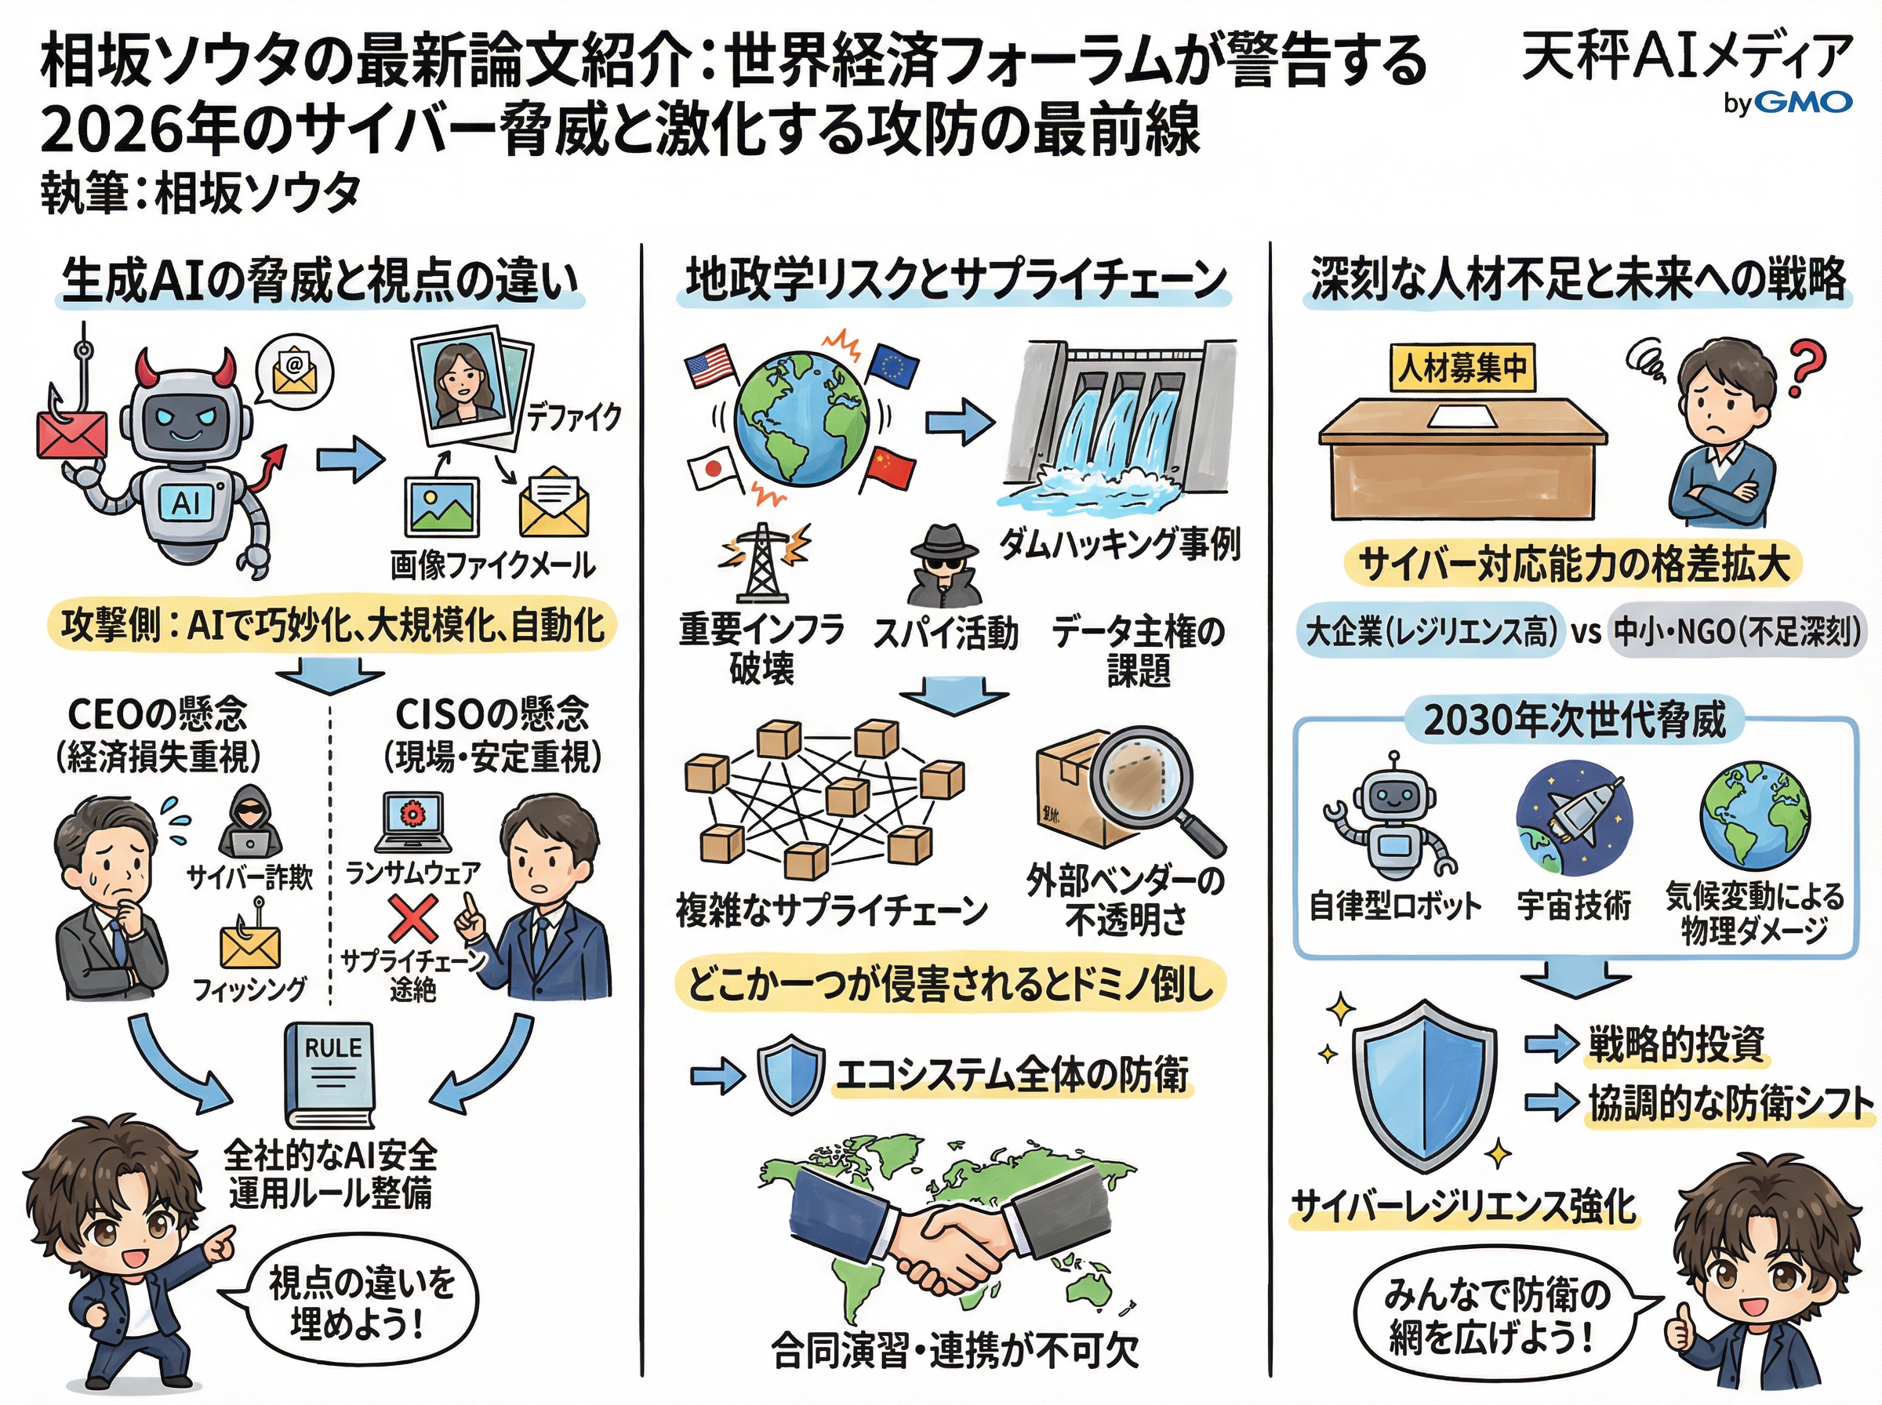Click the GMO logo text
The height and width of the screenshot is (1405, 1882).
[1802, 103]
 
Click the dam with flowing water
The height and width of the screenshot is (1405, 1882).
[1118, 421]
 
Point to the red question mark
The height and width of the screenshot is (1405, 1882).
[1805, 368]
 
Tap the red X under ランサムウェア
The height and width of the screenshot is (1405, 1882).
[413, 920]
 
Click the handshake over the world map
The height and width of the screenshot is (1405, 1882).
[944, 1236]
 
